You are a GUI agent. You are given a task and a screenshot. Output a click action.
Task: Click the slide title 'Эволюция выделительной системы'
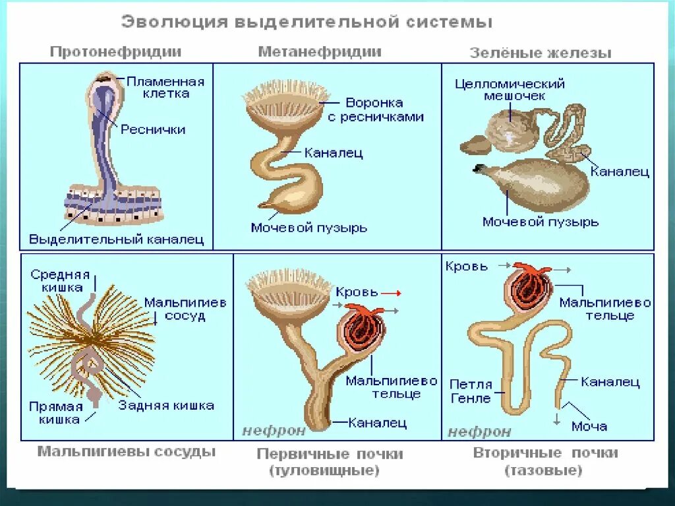(x=307, y=22)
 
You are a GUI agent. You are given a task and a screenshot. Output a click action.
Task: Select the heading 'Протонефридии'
(x=116, y=51)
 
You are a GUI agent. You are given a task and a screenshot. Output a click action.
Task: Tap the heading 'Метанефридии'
(x=320, y=51)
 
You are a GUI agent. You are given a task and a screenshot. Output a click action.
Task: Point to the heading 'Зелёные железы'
(x=540, y=53)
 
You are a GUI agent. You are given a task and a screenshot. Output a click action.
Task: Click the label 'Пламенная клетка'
(x=165, y=87)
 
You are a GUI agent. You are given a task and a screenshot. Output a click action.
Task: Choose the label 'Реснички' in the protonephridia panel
(x=153, y=130)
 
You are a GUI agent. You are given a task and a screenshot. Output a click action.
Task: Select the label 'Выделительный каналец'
(x=117, y=239)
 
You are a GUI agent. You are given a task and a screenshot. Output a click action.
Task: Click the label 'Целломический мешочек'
(x=510, y=90)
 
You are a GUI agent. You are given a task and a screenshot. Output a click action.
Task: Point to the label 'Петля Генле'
(x=471, y=391)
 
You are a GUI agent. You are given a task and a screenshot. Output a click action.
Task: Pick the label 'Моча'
(x=589, y=426)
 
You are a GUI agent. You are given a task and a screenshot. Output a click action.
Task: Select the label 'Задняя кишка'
(x=166, y=406)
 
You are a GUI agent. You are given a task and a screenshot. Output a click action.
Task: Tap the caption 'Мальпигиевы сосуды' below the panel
(x=127, y=452)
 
